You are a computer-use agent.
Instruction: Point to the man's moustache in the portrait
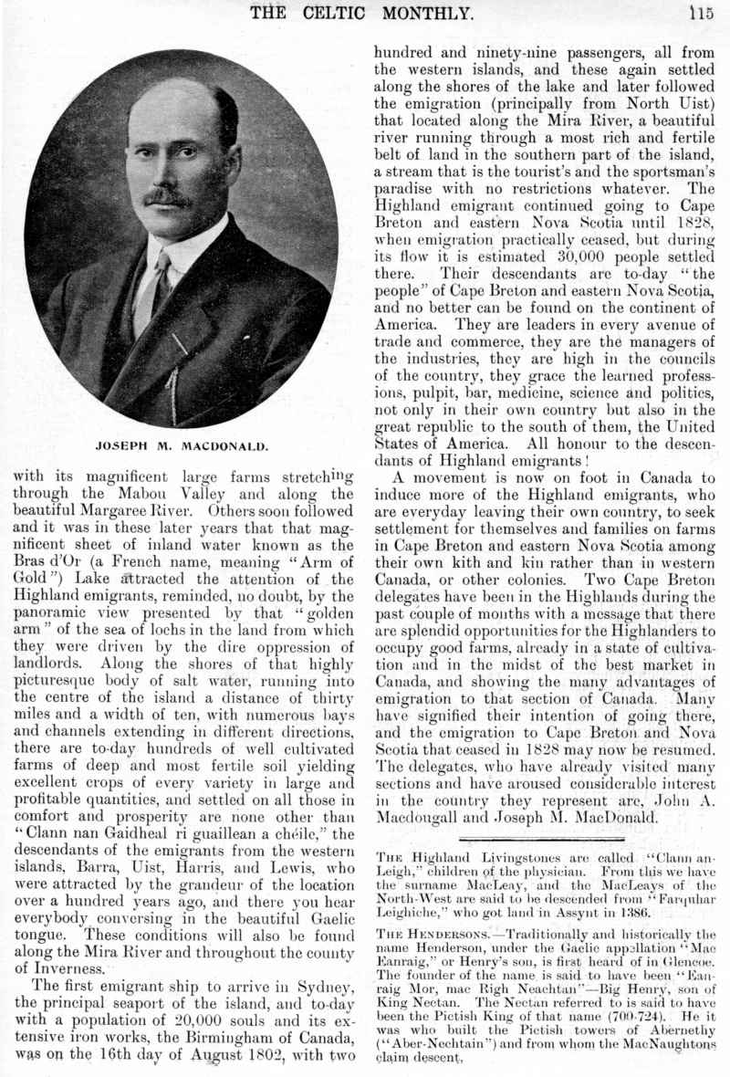tap(167, 196)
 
